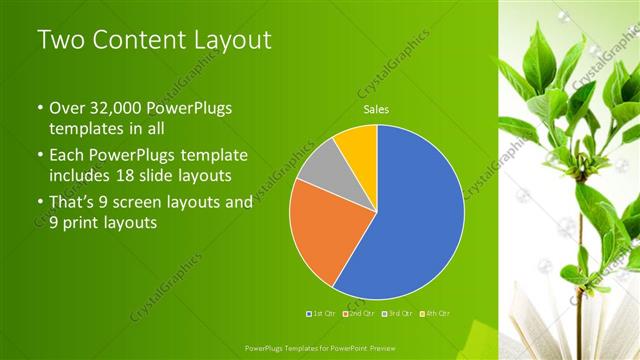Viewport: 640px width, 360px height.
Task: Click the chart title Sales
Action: (376, 110)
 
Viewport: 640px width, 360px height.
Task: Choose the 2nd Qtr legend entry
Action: (361, 313)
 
